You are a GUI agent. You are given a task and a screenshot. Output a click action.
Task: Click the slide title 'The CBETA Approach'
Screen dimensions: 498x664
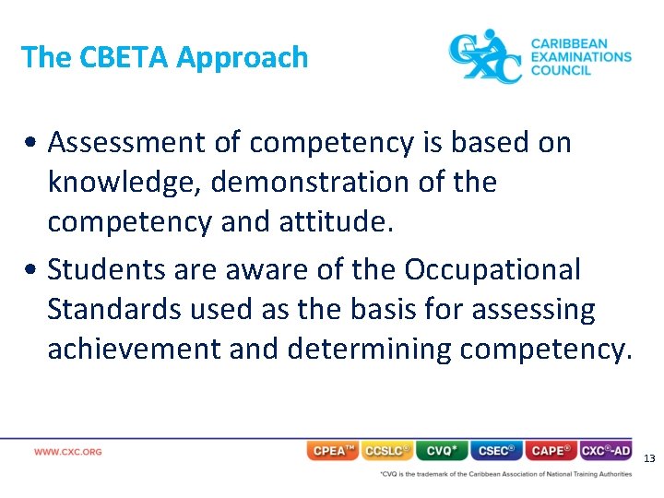coord(164,58)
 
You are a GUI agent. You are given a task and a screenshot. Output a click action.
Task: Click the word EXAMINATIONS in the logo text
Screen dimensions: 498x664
coord(581,56)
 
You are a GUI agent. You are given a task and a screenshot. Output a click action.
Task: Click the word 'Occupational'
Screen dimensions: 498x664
coord(492,270)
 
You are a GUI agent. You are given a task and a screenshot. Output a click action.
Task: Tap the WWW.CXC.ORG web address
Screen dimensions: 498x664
coord(68,452)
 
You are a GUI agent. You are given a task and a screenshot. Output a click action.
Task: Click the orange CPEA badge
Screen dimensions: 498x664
coord(332,451)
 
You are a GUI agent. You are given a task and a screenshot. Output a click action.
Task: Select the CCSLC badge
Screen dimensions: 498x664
coord(387,451)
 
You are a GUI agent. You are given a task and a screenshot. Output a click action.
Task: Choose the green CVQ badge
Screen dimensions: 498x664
coord(442,451)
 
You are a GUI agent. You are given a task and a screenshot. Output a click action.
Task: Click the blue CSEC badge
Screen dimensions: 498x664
coord(496,451)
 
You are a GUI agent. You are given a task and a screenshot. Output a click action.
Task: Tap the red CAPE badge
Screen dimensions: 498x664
coord(551,451)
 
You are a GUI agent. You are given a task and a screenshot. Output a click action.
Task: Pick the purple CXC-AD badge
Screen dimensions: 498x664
coord(606,451)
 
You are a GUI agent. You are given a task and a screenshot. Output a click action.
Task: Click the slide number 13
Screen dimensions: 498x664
coord(649,458)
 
